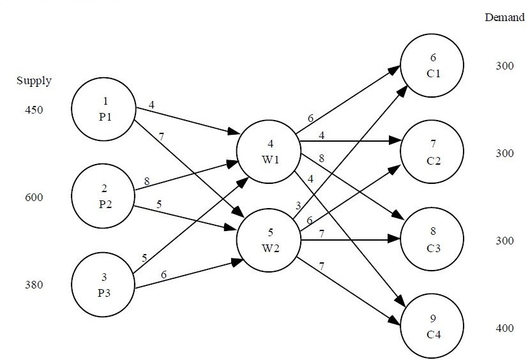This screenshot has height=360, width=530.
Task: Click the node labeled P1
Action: [x=103, y=110]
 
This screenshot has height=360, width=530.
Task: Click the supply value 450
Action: [x=34, y=110]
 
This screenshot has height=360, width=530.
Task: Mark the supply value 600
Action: [x=34, y=197]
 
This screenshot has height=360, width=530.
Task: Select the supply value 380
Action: [x=34, y=285]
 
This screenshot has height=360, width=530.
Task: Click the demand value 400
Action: [x=504, y=328]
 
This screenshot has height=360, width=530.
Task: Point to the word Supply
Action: [x=34, y=81]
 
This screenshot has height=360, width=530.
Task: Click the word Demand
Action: [x=504, y=17]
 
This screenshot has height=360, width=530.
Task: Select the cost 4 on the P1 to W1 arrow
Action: [x=151, y=104]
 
